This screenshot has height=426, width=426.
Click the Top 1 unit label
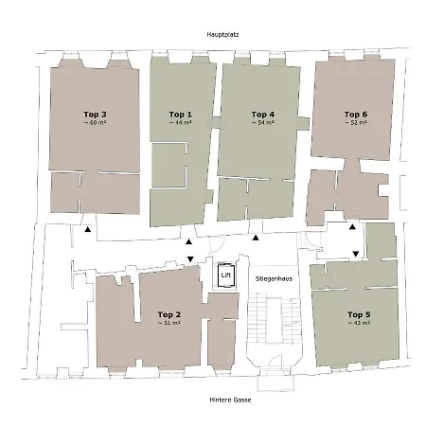180,114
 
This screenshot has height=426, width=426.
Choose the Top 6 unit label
358,114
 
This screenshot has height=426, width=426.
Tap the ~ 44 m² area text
180,123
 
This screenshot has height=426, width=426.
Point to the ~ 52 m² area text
358,123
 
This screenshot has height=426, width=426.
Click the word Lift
225,275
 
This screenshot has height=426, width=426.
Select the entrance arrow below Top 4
254,239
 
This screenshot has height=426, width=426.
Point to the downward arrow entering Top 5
355,254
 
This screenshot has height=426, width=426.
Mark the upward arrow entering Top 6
352,227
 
